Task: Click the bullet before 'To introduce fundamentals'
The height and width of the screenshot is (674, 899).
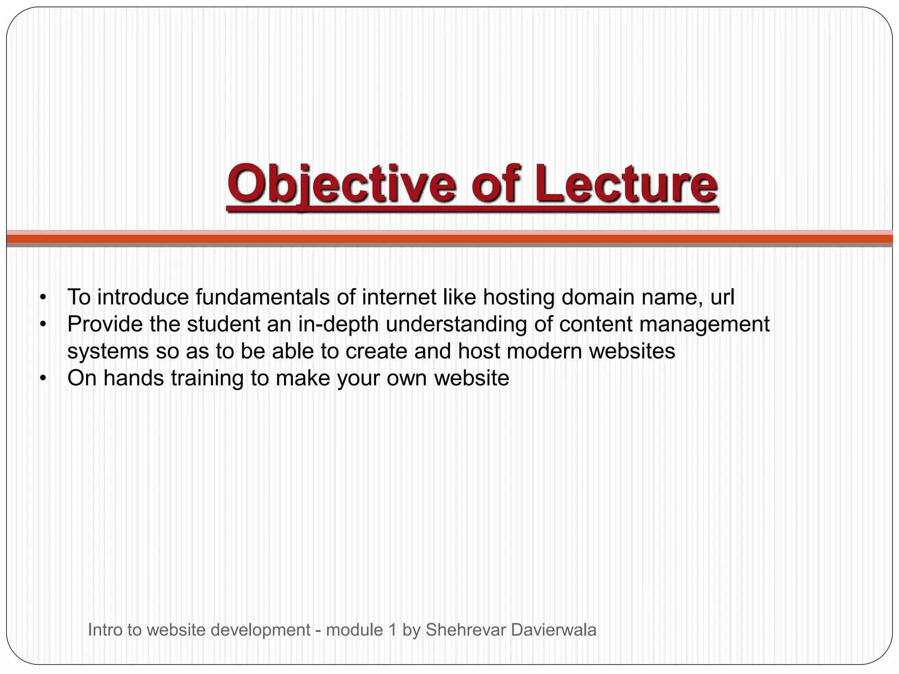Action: (42, 298)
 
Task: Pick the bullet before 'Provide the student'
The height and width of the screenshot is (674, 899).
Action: (42, 325)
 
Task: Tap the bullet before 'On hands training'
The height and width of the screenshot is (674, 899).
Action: (42, 379)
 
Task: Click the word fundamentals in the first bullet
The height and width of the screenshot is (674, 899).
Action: (262, 297)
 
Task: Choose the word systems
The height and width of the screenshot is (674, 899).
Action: (108, 351)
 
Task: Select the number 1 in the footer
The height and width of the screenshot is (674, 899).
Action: (392, 630)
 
